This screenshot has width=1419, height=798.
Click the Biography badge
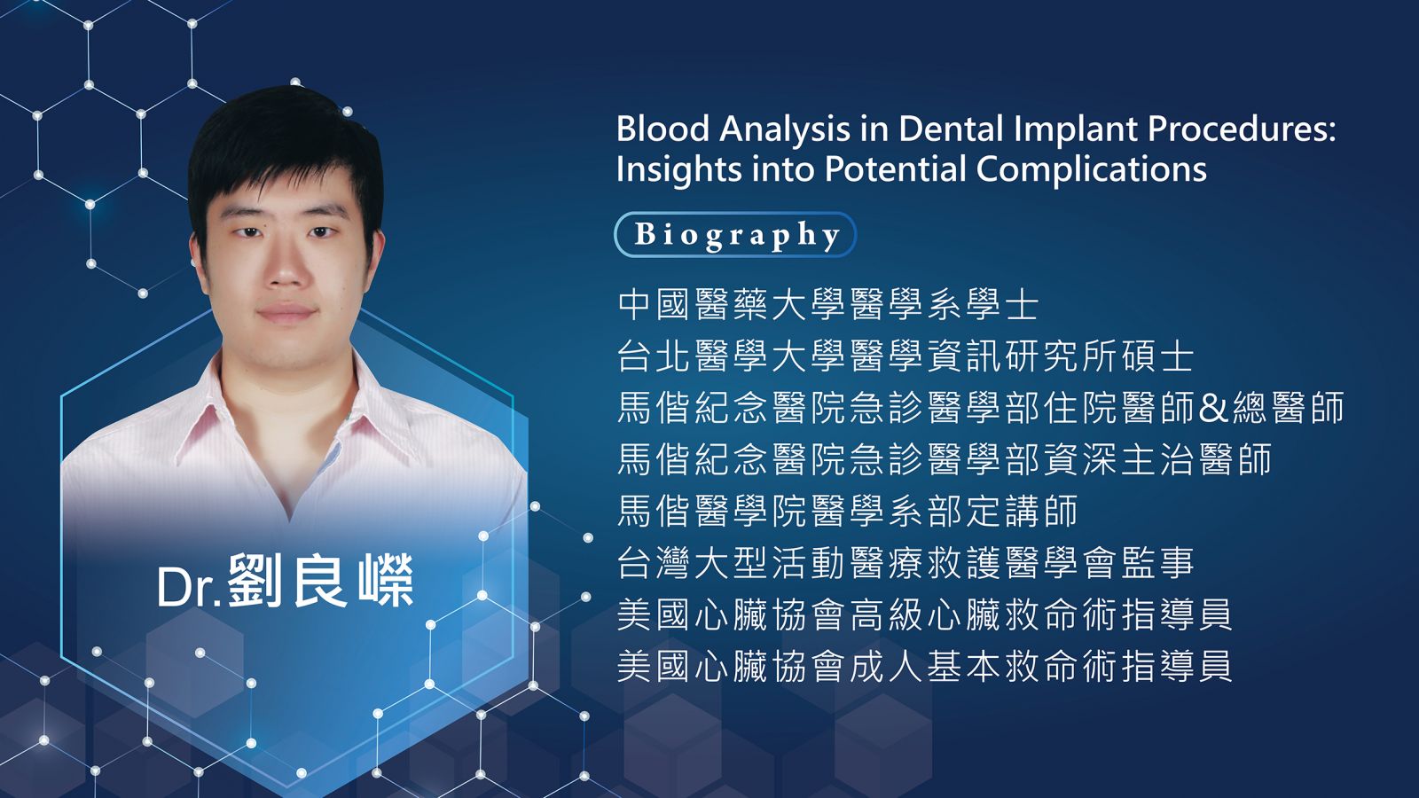pos(735,234)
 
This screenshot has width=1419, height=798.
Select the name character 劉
pos(255,581)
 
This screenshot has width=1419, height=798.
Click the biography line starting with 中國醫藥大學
pos(828,305)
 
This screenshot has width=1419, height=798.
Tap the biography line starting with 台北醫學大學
pos(905,356)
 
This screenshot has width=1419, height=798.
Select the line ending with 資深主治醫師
pos(945,459)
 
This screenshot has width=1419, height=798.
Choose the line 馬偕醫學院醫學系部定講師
pos(848,511)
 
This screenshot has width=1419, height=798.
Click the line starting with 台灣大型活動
pos(905,563)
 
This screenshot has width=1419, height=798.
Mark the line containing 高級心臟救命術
pos(925,614)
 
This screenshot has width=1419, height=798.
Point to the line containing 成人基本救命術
pos(925,666)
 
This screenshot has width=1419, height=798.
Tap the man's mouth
pos(286,313)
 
